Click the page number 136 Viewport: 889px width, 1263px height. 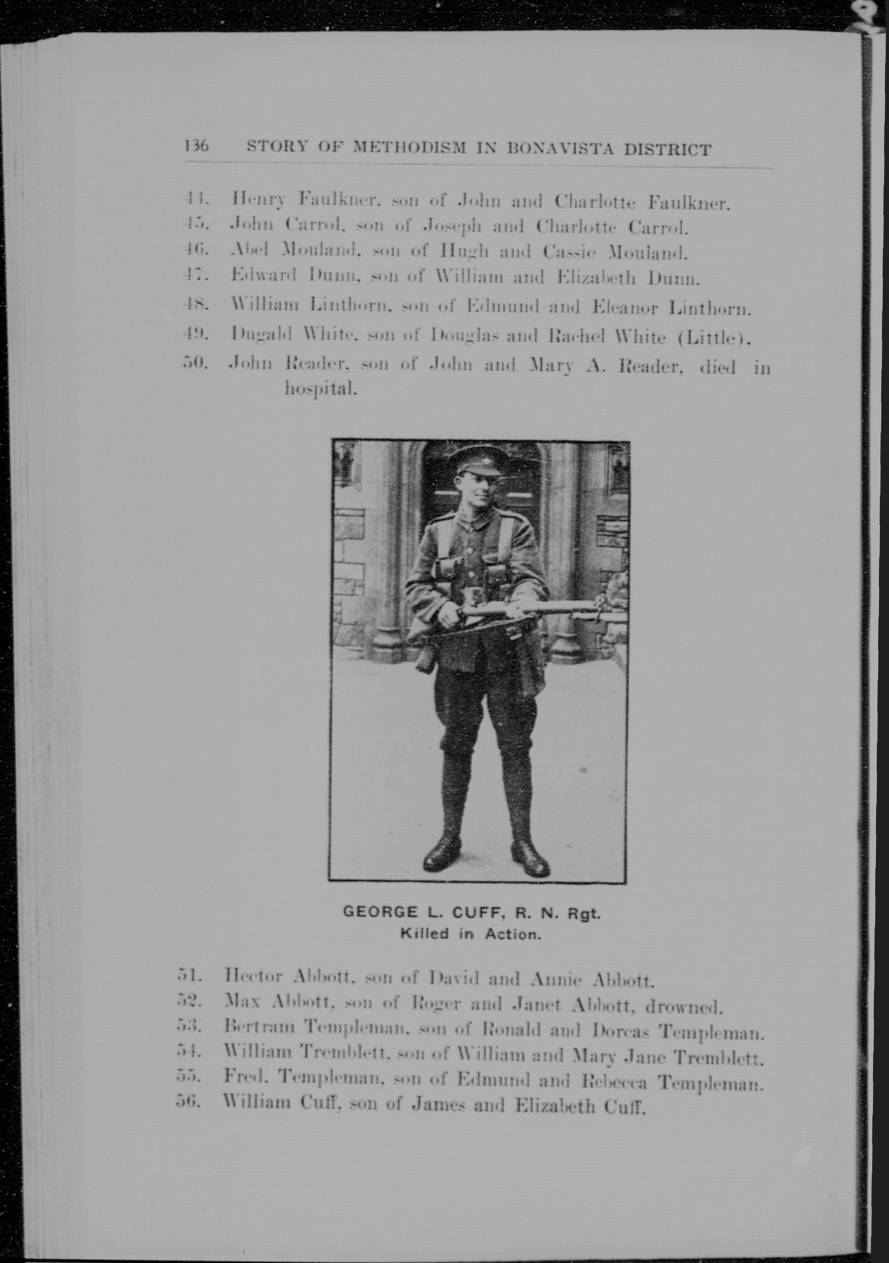197,146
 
